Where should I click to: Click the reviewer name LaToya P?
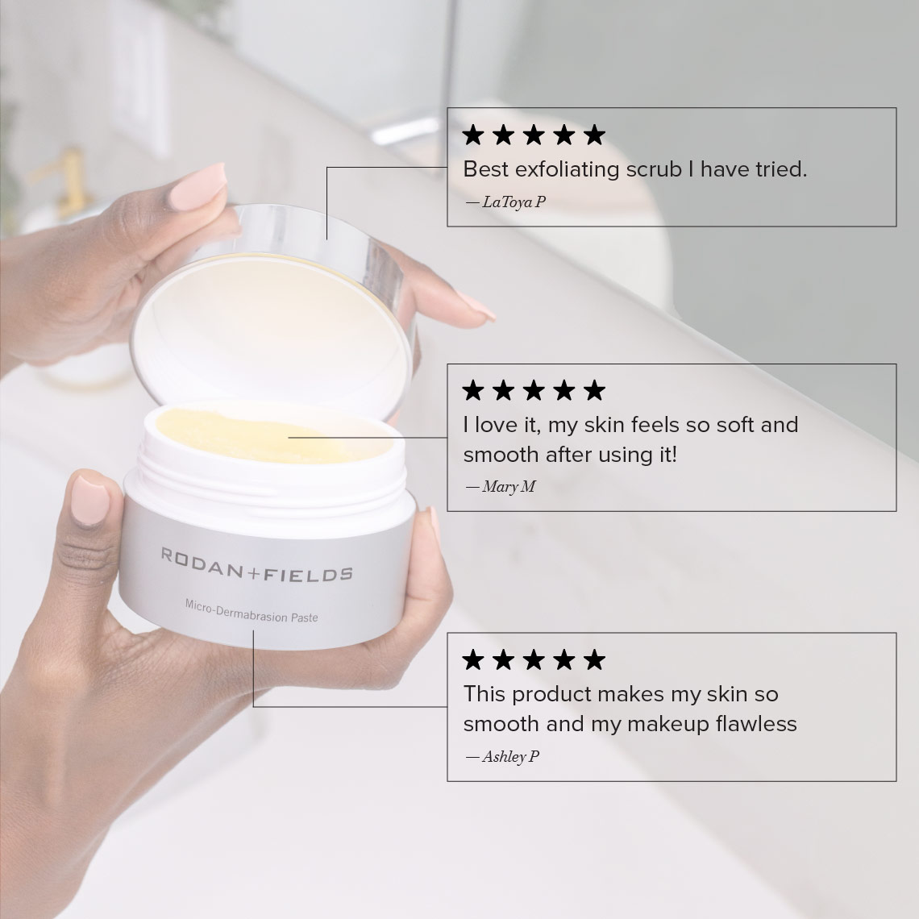coord(514,202)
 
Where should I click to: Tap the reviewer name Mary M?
coord(509,486)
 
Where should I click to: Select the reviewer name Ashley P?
coord(510,757)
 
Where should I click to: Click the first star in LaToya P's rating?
coord(473,135)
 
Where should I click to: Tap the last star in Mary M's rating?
coord(594,389)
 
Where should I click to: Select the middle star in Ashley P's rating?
coord(534,659)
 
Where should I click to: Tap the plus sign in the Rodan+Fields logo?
coord(252,572)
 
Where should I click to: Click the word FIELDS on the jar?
coord(307,574)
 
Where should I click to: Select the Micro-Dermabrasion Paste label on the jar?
coord(252,611)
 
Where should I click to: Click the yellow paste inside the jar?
coord(258,435)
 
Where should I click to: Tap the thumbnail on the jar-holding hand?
coord(90,501)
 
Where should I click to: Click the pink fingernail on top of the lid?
coord(198,187)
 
